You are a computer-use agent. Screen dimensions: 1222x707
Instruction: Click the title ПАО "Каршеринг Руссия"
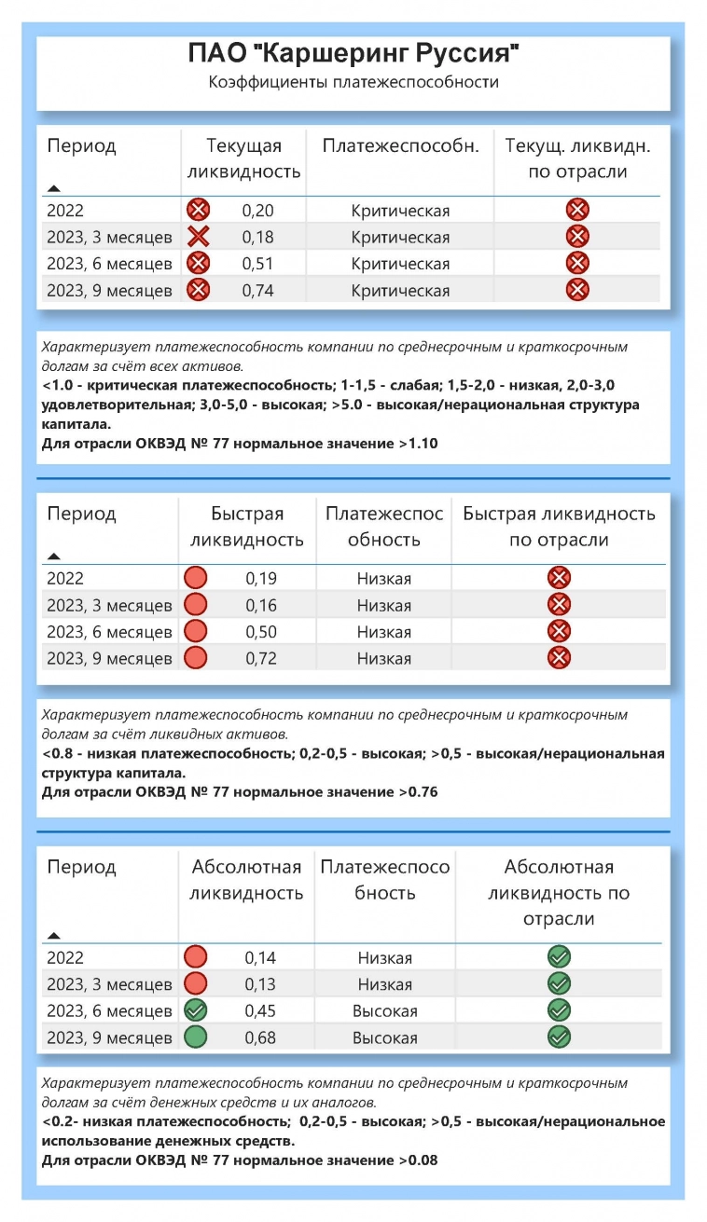coord(353,56)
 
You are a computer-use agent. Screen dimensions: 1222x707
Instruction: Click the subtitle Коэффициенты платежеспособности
coord(353,82)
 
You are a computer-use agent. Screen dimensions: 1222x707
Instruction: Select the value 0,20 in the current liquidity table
coord(257,211)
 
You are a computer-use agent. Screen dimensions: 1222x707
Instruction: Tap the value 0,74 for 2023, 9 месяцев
coord(257,290)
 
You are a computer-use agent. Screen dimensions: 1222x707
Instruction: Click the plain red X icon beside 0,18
coord(198,237)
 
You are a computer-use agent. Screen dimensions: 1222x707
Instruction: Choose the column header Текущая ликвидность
coord(243,158)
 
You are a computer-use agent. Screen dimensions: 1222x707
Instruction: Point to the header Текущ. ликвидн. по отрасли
coord(577,158)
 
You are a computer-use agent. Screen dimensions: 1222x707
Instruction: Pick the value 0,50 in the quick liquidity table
coord(261,632)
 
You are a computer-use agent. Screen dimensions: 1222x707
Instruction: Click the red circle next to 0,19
coord(196,578)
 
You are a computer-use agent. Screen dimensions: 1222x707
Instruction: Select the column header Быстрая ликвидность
coord(247,527)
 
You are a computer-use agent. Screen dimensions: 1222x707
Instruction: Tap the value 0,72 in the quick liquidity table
coord(261,659)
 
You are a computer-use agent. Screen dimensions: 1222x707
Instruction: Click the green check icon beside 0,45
coord(196,1010)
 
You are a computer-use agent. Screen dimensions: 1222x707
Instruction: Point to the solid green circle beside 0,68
coord(196,1037)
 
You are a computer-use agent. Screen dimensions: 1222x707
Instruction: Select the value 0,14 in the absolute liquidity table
coord(260,957)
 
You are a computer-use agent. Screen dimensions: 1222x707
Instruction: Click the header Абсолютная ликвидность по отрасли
coord(559,893)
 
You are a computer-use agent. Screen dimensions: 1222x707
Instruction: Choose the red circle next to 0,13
coord(196,984)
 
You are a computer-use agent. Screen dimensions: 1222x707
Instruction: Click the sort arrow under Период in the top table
coord(54,189)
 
